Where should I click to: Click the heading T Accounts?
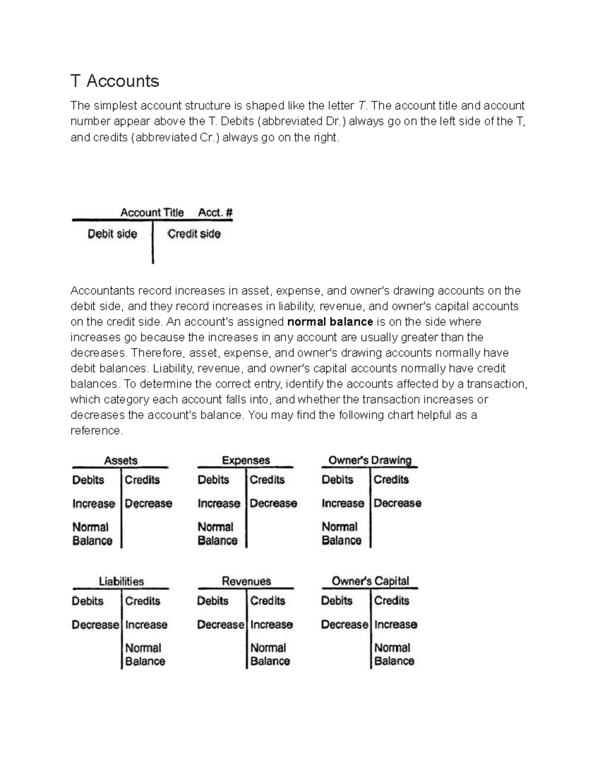(114, 81)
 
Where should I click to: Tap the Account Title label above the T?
(151, 213)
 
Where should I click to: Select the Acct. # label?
(215, 213)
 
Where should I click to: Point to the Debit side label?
(112, 234)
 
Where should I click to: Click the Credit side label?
(193, 234)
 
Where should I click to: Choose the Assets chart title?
(120, 460)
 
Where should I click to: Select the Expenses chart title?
(245, 460)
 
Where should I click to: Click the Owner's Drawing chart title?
(369, 460)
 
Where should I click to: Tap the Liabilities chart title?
(121, 581)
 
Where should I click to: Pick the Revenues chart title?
(246, 581)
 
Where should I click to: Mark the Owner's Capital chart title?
(370, 581)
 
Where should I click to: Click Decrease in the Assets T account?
(148, 503)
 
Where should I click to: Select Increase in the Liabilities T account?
(146, 625)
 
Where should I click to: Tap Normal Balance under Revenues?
(269, 654)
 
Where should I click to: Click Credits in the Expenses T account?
(267, 480)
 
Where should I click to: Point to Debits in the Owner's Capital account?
(336, 601)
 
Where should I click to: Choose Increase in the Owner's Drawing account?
(342, 503)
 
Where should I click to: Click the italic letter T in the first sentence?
(361, 106)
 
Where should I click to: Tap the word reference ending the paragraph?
(96, 431)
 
